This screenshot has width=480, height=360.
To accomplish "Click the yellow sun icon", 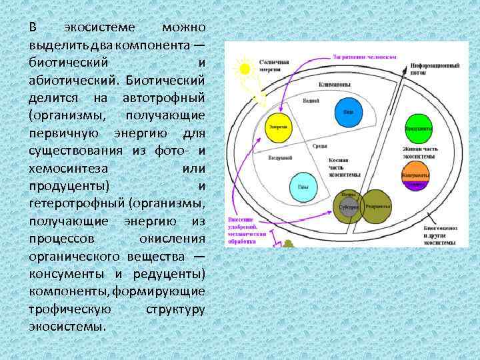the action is coord(243,68).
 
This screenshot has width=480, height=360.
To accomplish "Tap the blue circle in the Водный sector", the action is coord(347,110).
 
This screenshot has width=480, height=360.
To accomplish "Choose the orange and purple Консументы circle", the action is coord(415,175).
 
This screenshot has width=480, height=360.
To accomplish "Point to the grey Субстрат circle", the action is coord(349,207).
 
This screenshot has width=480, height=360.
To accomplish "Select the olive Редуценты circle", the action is coord(374,206).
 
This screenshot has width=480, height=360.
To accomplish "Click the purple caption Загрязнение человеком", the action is coord(364,57).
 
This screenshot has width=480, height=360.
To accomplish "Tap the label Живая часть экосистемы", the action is coord(419,152).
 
